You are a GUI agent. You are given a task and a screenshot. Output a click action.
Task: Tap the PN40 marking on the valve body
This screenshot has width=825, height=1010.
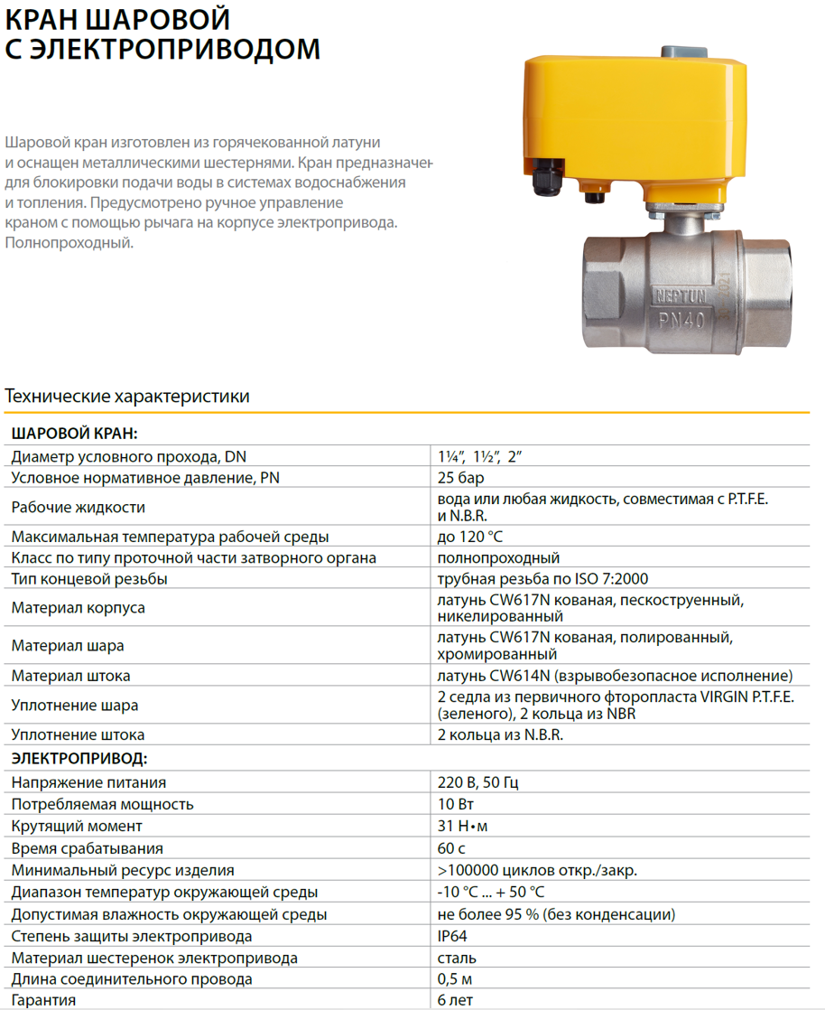click(683, 317)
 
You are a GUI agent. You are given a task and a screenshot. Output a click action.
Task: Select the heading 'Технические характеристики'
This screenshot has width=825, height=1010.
click(127, 396)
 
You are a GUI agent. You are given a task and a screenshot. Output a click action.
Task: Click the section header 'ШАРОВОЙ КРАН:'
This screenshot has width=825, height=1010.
click(74, 434)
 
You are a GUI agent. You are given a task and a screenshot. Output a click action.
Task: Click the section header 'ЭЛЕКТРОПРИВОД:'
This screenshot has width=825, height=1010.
click(79, 758)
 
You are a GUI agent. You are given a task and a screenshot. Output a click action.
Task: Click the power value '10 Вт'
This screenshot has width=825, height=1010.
click(455, 804)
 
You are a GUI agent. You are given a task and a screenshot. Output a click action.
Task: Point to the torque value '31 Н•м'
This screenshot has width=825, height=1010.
click(463, 826)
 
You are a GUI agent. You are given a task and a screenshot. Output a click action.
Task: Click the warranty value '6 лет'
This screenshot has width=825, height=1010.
click(455, 1000)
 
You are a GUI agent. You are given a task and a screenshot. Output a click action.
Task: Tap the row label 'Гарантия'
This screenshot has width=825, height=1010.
click(43, 1000)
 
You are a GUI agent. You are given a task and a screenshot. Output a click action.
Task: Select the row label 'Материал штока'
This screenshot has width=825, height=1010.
click(70, 676)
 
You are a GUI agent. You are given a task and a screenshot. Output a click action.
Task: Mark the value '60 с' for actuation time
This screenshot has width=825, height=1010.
click(450, 848)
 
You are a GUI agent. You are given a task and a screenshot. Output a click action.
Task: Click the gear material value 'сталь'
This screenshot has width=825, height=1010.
click(456, 958)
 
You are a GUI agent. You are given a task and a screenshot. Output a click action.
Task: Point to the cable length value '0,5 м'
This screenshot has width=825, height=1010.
click(455, 979)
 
